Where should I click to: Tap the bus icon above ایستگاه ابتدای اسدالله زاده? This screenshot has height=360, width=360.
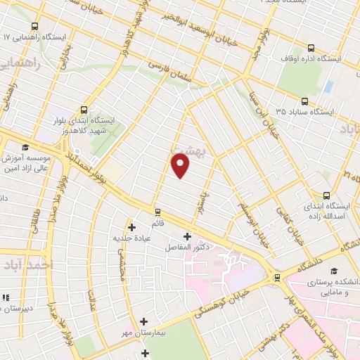pos(326,195)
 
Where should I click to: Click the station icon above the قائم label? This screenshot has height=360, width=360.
pos(157,210)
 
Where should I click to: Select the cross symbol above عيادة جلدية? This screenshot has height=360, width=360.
pos(131,226)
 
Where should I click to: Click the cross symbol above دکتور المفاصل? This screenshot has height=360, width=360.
pos(186,236)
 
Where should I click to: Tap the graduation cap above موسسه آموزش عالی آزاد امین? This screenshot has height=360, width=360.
pos(26,147)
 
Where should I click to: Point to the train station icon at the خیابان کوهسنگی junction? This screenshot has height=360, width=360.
pos(277,277)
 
